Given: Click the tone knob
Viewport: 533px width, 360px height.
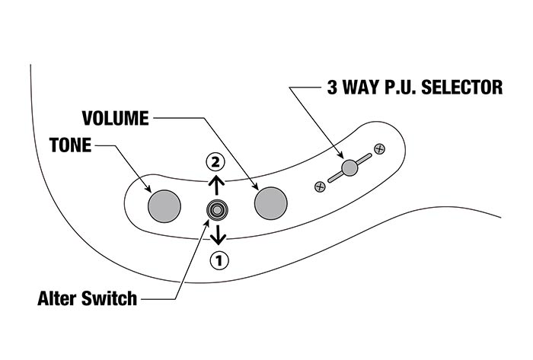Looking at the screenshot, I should point(164,203).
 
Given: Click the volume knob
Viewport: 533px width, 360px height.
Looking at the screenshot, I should point(271,203).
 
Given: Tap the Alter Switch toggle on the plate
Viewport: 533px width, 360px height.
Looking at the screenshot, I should point(219,209).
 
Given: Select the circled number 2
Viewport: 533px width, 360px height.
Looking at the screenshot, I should point(217,161).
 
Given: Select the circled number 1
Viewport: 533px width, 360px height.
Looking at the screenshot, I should point(219,260).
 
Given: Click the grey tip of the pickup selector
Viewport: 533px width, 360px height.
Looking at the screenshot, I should point(349,167).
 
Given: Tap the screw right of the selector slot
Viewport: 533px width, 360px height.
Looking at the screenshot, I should point(379,147).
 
